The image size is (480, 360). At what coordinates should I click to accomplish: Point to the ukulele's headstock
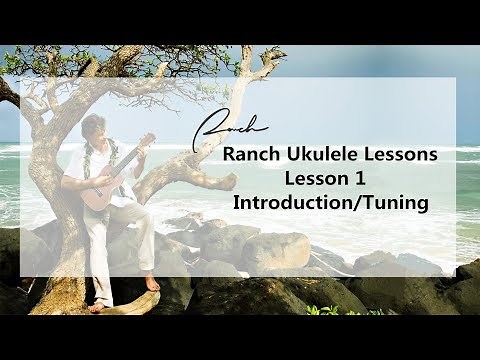[148, 139]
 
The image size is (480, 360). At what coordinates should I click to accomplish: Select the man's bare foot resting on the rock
[152, 284]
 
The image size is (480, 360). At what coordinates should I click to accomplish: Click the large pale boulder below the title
[275, 251]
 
